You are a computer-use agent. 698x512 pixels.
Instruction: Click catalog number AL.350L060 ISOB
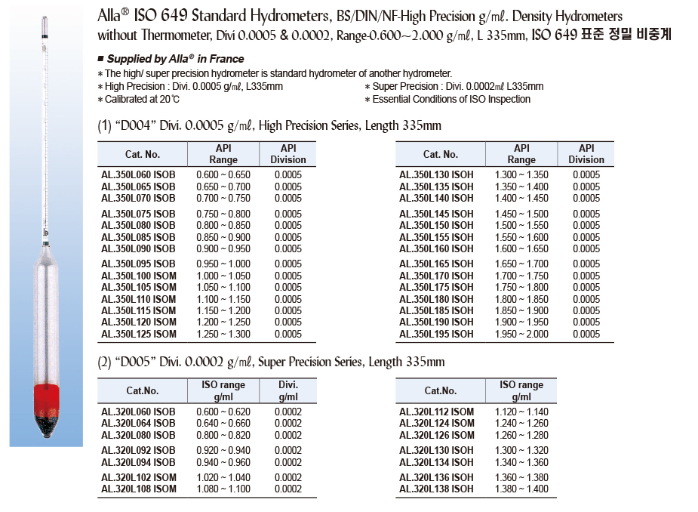(x=138, y=175)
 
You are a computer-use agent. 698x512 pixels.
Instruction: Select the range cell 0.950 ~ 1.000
(x=223, y=264)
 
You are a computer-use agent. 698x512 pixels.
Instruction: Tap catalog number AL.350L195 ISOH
(x=436, y=335)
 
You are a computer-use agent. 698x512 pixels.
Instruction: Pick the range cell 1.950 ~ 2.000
(x=521, y=335)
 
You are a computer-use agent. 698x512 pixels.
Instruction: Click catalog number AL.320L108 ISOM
(x=138, y=489)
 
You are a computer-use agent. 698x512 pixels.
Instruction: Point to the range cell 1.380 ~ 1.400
(x=521, y=489)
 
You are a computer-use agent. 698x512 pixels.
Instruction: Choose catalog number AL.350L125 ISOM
(x=138, y=335)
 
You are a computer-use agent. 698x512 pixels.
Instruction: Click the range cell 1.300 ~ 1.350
(x=521, y=175)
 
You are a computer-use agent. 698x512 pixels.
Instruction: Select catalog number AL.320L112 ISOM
(x=436, y=412)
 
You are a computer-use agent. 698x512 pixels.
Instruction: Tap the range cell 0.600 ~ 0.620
(x=223, y=412)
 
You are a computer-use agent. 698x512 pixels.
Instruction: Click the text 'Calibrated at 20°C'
(x=143, y=99)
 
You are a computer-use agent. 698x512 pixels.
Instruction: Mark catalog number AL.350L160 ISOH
(x=436, y=249)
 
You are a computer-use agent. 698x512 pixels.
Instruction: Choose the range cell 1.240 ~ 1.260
(x=521, y=424)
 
